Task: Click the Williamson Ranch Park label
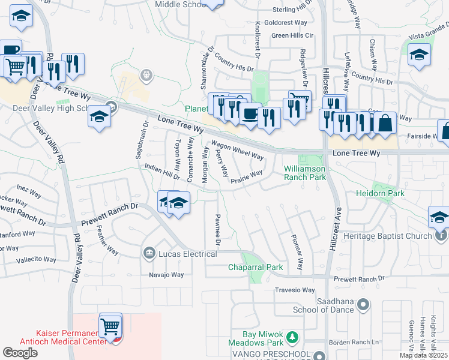coord(304,173)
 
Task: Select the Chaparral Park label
coord(255,267)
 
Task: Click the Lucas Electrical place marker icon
coord(149,254)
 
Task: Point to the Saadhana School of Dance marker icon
coord(362,305)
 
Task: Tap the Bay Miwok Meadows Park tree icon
coord(292,338)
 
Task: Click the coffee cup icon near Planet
coord(250,113)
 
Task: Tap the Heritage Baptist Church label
coord(387,236)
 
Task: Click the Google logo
coord(20,352)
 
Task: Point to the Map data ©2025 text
coord(424,355)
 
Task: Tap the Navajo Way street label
coord(166,275)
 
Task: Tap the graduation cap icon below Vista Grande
coord(419,55)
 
